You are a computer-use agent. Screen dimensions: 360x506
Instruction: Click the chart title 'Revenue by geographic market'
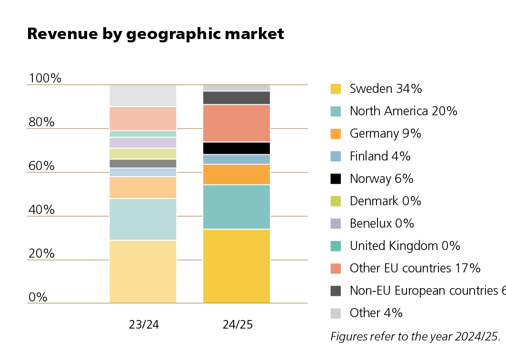point(156,34)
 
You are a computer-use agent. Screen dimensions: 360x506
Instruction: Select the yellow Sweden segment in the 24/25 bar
point(237,266)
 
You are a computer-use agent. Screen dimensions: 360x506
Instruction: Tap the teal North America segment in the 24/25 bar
point(237,207)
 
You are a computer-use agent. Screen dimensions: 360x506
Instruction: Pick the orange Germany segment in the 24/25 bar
point(237,174)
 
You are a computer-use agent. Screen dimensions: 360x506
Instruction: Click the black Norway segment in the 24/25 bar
point(237,148)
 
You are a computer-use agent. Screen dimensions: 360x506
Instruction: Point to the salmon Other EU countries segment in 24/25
point(237,123)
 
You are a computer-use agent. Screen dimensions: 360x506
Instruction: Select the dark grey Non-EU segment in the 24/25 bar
point(237,98)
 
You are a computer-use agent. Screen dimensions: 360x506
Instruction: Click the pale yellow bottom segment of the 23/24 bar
point(143,271)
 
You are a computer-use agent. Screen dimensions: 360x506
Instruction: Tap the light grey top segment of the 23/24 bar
point(143,96)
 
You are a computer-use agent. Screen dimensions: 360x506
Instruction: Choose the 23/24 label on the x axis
point(144,325)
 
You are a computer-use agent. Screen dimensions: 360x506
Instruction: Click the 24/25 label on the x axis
point(238,325)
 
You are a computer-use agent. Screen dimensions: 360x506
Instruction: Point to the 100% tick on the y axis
point(45,78)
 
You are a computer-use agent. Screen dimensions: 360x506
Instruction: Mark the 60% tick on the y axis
point(41,166)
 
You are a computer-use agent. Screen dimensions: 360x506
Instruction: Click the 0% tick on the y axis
point(38,297)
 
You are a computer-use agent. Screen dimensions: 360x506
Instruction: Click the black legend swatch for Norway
point(336,179)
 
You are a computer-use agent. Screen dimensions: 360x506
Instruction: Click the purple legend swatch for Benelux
point(336,223)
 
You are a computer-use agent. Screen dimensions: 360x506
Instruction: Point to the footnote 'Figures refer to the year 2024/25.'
point(416,336)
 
